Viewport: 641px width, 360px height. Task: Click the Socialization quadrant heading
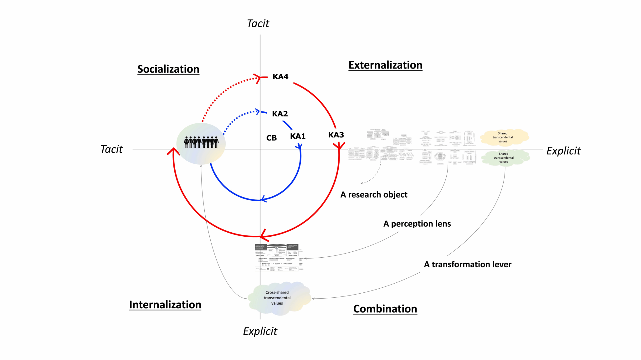point(168,69)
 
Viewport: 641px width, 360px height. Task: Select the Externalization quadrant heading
point(385,65)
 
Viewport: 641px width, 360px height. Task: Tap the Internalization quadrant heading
point(165,305)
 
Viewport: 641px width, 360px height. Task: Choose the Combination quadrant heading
point(385,309)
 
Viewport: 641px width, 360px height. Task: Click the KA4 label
point(280,77)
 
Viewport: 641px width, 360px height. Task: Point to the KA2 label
point(280,114)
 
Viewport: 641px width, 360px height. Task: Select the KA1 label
point(298,136)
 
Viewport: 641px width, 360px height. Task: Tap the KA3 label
point(336,135)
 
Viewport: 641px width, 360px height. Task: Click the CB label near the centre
point(271,138)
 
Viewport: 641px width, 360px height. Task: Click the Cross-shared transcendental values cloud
point(277,298)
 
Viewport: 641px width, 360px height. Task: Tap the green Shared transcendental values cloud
point(504,158)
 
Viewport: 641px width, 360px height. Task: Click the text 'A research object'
point(374,195)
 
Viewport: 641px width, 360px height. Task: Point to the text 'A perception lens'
point(417,224)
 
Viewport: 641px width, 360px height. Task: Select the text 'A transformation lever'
point(468,265)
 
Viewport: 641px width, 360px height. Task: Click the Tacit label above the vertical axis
point(258,24)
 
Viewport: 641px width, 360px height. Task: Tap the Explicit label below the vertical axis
point(260,331)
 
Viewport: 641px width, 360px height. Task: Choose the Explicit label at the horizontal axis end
point(563,151)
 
